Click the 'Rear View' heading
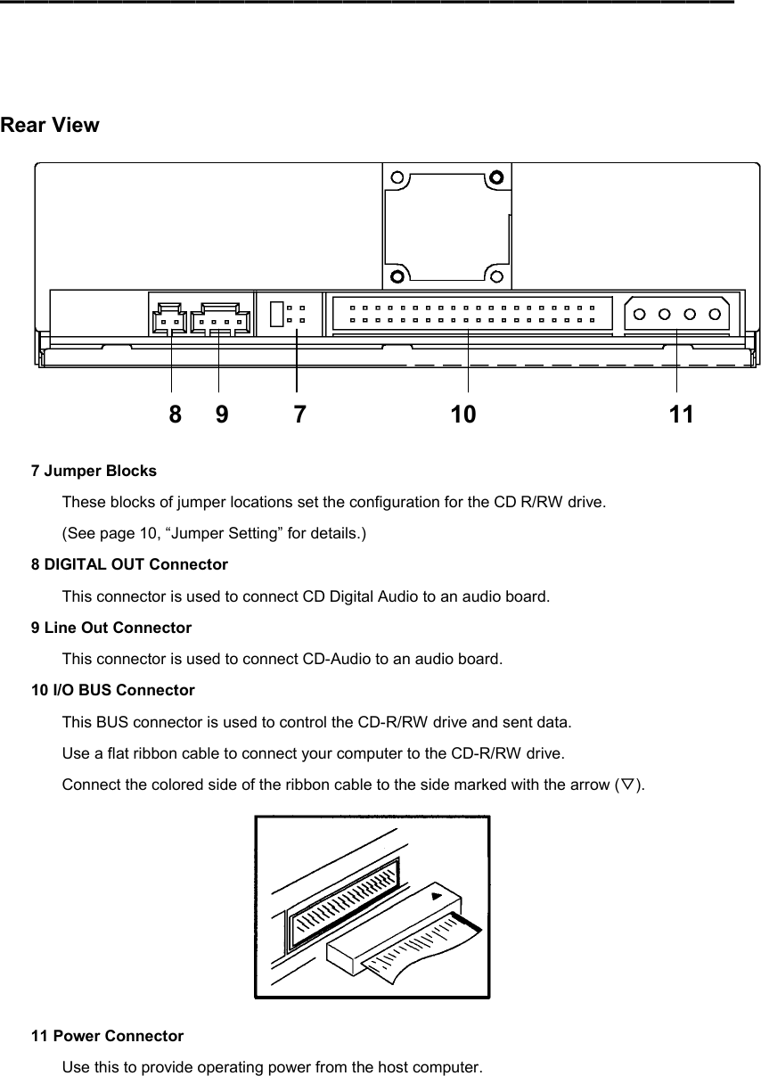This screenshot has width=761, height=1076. coord(50,125)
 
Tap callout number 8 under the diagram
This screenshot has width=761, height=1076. coord(176,415)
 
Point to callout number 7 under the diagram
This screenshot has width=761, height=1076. coord(300,415)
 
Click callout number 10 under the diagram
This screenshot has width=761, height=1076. coord(462,415)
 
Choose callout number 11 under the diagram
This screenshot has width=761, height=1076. coord(682,415)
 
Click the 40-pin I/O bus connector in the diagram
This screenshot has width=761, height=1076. coord(472,313)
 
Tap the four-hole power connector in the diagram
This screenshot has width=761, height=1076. coord(676,314)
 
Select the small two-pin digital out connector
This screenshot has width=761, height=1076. coord(170,319)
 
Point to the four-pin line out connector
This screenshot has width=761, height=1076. coord(219,319)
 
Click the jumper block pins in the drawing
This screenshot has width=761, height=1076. coord(296,313)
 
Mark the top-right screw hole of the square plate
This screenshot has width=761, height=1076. coord(496,177)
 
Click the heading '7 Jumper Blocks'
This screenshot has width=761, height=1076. coord(94,470)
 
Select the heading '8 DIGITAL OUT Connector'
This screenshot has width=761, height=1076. coord(129,564)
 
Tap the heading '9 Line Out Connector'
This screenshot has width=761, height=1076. coord(111,628)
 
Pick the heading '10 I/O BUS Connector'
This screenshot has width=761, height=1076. coord(113,690)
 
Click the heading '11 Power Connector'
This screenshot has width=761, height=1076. coord(107,1036)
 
